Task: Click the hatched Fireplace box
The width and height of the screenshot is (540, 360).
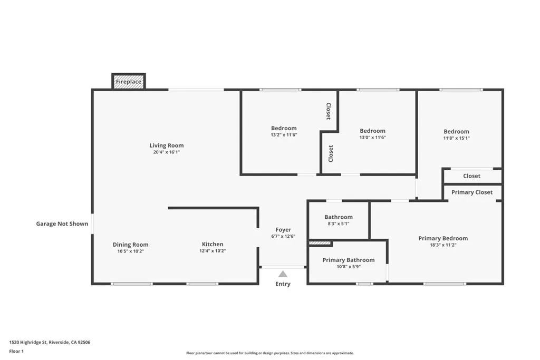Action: pyautogui.click(x=129, y=82)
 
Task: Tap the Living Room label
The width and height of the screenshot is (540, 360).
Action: pyautogui.click(x=167, y=145)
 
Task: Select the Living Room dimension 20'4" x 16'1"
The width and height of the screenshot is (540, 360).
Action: pyautogui.click(x=167, y=152)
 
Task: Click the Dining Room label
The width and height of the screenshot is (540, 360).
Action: pyautogui.click(x=130, y=245)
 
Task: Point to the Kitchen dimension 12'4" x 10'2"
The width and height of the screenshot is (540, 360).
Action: pyautogui.click(x=213, y=251)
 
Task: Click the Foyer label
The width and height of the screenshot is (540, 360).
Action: pyautogui.click(x=283, y=230)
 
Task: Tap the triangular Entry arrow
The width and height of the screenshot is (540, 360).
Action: pyautogui.click(x=283, y=274)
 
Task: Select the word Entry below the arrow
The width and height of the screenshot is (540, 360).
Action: pyautogui.click(x=283, y=284)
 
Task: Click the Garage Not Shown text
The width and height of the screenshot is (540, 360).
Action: pyautogui.click(x=62, y=224)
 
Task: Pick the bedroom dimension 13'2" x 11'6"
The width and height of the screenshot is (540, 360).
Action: pyautogui.click(x=284, y=135)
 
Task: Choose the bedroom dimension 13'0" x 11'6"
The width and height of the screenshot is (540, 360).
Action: pyautogui.click(x=372, y=138)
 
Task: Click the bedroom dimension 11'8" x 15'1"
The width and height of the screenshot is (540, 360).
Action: pyautogui.click(x=456, y=138)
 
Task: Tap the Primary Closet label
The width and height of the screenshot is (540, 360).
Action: pyautogui.click(x=472, y=192)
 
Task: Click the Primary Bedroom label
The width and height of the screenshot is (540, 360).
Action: pyautogui.click(x=443, y=238)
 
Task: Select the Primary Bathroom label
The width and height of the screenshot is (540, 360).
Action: pyautogui.click(x=349, y=260)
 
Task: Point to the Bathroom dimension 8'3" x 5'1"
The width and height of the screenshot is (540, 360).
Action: pyautogui.click(x=339, y=223)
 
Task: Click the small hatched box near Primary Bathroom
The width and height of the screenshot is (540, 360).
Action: pyautogui.click(x=320, y=243)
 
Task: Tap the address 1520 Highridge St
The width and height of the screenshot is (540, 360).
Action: pyautogui.click(x=50, y=342)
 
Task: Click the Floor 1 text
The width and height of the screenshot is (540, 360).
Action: pyautogui.click(x=16, y=351)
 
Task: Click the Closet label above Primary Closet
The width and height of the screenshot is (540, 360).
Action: pyautogui.click(x=472, y=176)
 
